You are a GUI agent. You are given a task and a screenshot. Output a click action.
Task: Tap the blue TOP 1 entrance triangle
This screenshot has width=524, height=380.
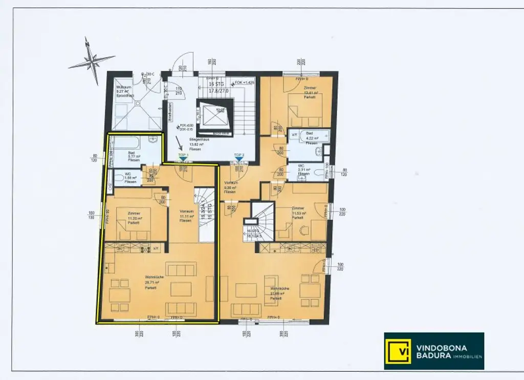183,159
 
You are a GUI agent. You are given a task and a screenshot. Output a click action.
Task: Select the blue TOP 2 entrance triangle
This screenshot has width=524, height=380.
239,159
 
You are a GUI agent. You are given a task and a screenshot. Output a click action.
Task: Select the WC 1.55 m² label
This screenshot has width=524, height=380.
130,177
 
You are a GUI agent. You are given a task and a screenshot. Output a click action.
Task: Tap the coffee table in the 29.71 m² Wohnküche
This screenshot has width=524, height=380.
181,289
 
